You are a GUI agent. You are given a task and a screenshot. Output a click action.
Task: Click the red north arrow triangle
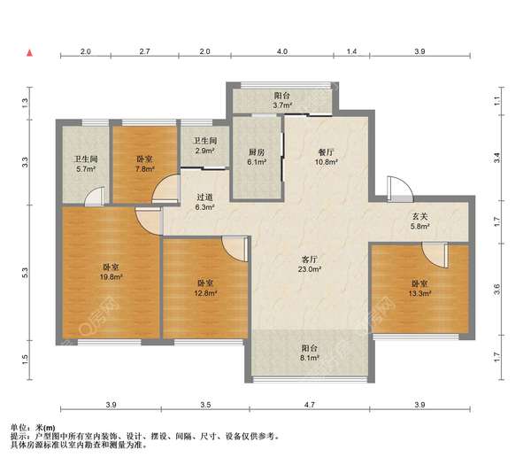pos(30,53)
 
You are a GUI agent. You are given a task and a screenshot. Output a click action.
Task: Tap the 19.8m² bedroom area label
pos(111,272)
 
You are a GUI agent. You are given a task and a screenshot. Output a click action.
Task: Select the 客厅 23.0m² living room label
pos(310,264)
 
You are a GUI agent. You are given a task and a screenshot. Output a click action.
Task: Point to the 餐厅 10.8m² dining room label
pos(326,158)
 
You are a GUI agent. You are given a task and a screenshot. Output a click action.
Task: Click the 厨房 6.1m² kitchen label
pos(257,158)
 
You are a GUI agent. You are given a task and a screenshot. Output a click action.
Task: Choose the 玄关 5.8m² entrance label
pos(419,221)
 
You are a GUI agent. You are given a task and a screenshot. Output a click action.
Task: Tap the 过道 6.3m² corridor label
pos(205,202)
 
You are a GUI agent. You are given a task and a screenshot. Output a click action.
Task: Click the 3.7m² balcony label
pos(282,101)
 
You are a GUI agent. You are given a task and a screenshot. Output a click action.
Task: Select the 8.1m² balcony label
pos(310,353)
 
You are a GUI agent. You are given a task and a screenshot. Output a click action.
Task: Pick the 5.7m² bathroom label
pos(86,164)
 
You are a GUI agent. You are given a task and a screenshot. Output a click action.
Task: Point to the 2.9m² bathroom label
pos(205,146)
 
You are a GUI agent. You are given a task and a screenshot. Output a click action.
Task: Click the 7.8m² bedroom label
pos(144,164)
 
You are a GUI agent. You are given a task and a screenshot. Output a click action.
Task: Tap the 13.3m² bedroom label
pos(419,289)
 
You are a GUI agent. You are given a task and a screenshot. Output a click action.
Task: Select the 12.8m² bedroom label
pos(205,288)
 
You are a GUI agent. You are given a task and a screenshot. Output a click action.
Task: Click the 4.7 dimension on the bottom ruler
pos(310,405)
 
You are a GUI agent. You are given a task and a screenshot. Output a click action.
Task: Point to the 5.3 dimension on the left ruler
pos(25,273)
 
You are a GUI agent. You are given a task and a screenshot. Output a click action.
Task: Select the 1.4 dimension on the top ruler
pos(352,51)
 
